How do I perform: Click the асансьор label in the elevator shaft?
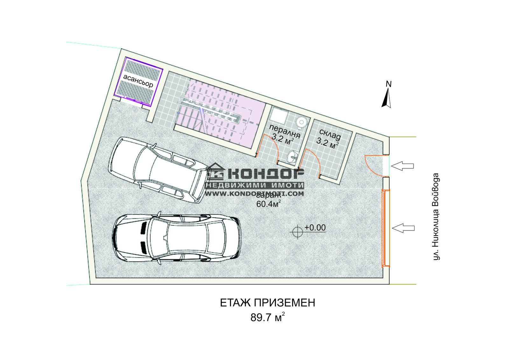click(x=138, y=81)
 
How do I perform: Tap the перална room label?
click(x=285, y=130)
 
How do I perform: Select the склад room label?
click(x=330, y=135)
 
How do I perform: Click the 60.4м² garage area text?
click(x=268, y=204)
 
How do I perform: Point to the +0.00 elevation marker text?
click(x=315, y=228)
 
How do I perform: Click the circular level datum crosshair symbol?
click(x=297, y=232)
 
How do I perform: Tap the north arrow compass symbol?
click(x=387, y=98)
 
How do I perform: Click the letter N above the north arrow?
click(x=388, y=84)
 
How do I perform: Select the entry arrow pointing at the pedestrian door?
click(x=402, y=166)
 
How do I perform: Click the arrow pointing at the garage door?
click(x=403, y=228)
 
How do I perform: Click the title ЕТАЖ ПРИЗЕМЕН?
click(x=268, y=303)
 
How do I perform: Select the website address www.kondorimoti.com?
click(x=254, y=194)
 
